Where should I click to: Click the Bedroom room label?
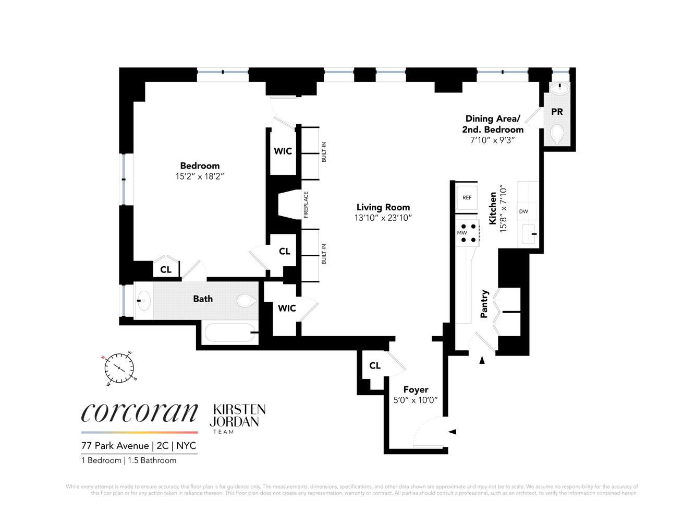[200, 166]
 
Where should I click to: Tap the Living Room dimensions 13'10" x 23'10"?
[383, 218]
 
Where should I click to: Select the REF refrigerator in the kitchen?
[467, 198]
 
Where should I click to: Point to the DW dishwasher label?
[523, 211]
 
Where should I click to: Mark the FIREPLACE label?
[306, 205]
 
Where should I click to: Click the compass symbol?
[119, 369]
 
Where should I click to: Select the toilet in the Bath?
[246, 301]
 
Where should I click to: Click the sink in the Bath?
[143, 301]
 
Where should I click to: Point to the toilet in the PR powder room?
[557, 135]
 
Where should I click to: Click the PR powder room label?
[557, 112]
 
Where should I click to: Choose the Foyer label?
[416, 390]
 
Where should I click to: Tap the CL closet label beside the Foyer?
[375, 366]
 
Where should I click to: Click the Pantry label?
[484, 304]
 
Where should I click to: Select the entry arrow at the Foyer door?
[453, 432]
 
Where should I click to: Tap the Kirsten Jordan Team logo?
[237, 418]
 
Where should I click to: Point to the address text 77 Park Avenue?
[115, 446]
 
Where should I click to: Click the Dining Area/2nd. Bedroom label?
[492, 124]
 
